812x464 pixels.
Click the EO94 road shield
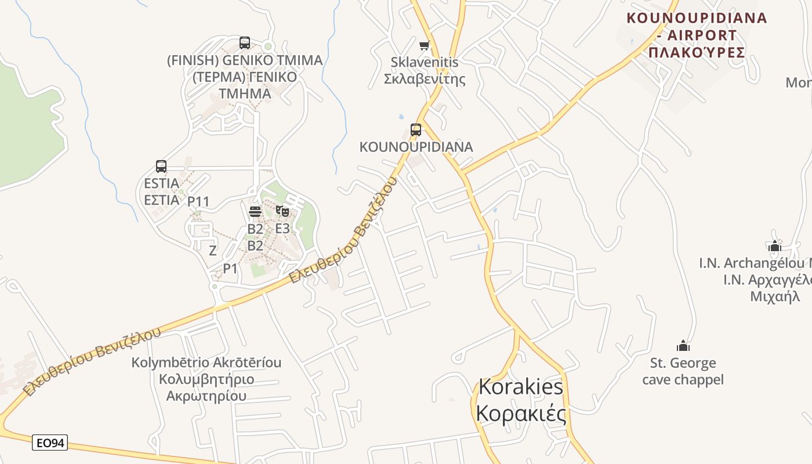[x=50, y=443]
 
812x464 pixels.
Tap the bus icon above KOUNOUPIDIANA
[x=416, y=129]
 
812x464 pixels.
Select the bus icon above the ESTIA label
[x=161, y=166]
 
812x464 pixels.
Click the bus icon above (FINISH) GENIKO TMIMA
[x=245, y=42]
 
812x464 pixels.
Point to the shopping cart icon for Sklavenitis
[x=425, y=45]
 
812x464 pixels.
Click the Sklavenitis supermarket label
[x=425, y=70]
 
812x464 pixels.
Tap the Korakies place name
[x=520, y=400]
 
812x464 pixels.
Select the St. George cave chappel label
[x=683, y=371]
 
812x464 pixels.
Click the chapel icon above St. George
[x=683, y=346]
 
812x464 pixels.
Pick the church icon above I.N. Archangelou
[x=774, y=246]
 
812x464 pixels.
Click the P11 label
[x=198, y=202]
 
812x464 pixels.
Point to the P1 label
[x=230, y=269]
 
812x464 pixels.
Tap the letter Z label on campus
[x=213, y=251]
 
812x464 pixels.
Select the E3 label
[x=282, y=229]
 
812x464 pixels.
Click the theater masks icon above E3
[x=282, y=211]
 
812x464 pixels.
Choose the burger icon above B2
[x=255, y=211]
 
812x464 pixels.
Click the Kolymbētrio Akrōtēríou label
[x=206, y=379]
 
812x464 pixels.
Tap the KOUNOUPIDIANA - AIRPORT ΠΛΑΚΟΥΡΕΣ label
[x=697, y=35]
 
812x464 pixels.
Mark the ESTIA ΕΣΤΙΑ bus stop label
[x=161, y=191]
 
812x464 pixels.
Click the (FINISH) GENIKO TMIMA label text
[x=244, y=77]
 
